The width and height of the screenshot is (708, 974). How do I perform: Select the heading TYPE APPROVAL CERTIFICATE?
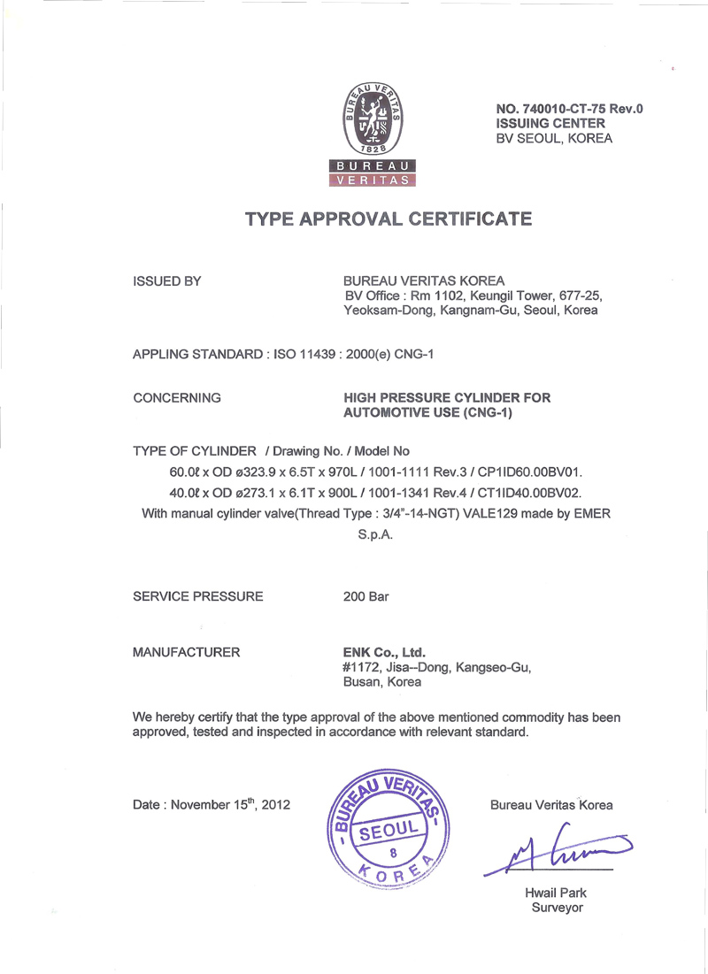point(389,219)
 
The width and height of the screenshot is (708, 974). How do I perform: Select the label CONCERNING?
point(176,398)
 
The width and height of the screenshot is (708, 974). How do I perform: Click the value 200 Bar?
point(366,596)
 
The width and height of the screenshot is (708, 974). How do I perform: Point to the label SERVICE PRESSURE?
point(197,596)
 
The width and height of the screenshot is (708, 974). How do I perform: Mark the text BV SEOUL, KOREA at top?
point(554,139)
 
